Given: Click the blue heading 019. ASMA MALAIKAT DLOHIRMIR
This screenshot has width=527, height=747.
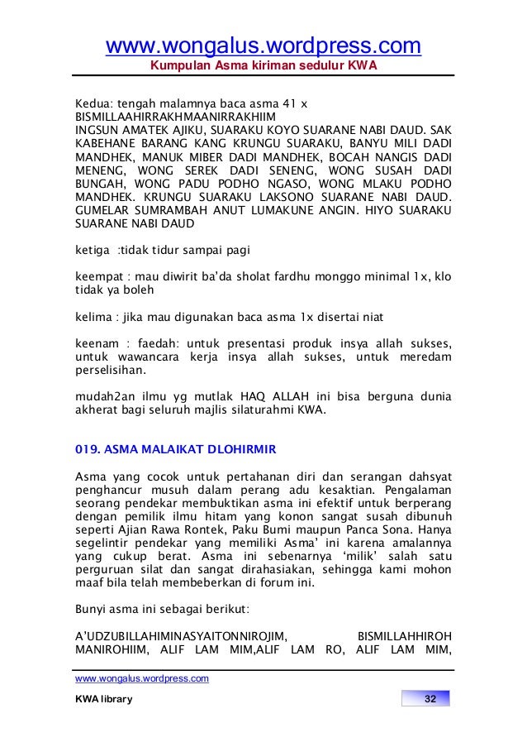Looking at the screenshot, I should coord(175,449).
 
